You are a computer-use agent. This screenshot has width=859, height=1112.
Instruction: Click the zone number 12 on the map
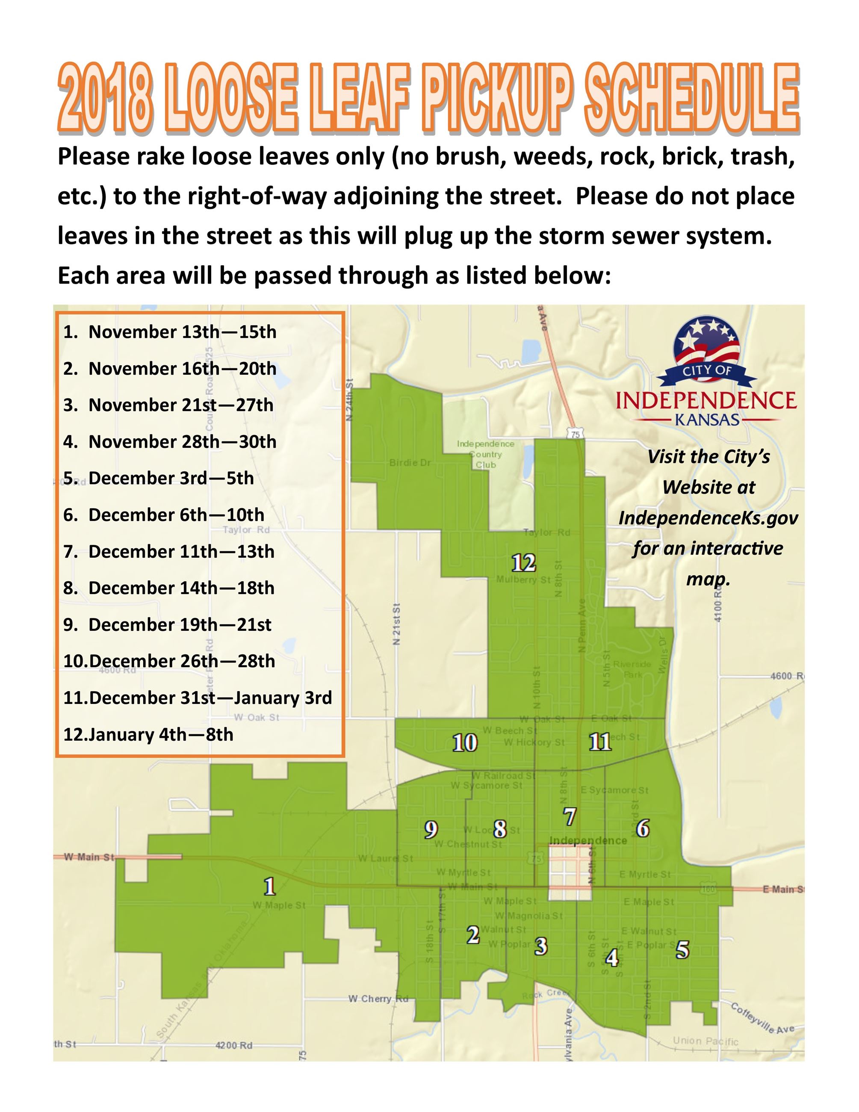pyautogui.click(x=524, y=563)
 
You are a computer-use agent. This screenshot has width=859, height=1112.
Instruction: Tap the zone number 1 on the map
pyautogui.click(x=270, y=887)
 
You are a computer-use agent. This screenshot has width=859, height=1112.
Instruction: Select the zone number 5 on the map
pyautogui.click(x=682, y=949)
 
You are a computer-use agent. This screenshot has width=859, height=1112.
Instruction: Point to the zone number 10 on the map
pyautogui.click(x=465, y=743)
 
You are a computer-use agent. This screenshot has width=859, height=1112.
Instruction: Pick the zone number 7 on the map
pyautogui.click(x=570, y=817)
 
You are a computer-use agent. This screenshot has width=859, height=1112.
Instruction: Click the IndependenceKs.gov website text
pyautogui.click(x=708, y=518)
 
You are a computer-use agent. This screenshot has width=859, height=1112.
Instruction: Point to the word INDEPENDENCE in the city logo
pyautogui.click(x=706, y=400)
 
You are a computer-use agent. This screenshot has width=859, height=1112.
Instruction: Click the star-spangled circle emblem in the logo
pyautogui.click(x=707, y=340)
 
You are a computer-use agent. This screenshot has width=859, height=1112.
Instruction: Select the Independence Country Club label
pyautogui.click(x=485, y=454)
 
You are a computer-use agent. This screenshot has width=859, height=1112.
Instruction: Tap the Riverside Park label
pyautogui.click(x=632, y=669)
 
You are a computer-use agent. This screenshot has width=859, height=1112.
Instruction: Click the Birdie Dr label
pyautogui.click(x=410, y=462)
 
